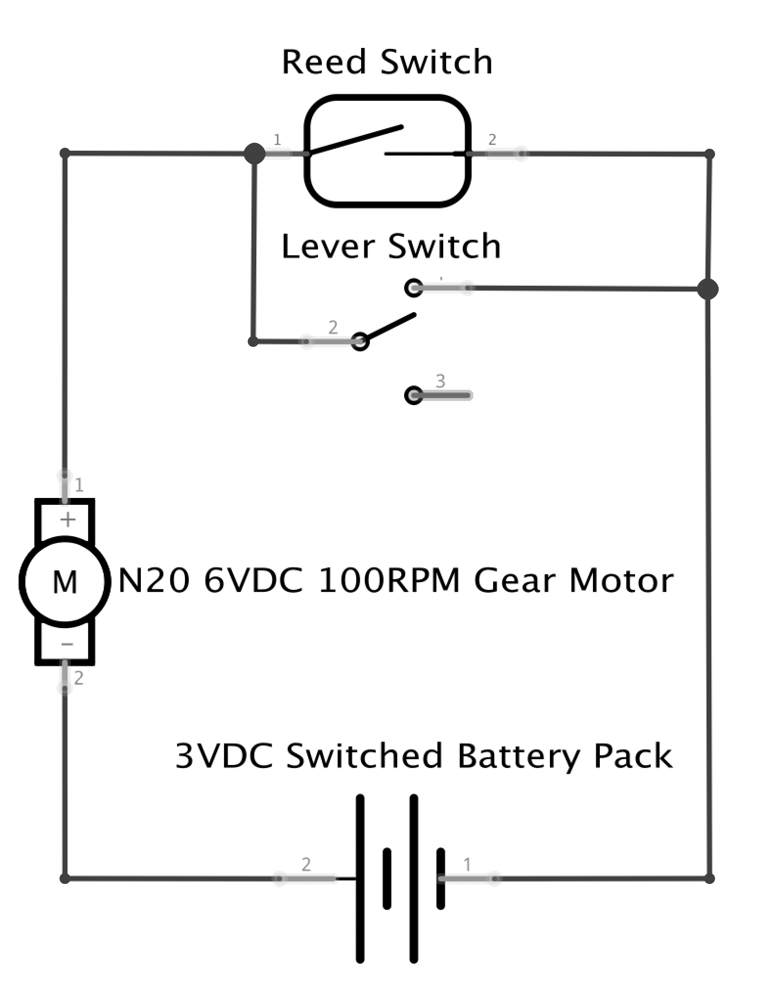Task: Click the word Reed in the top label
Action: click(x=324, y=62)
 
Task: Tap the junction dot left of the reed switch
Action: click(x=254, y=154)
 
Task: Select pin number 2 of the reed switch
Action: click(x=492, y=140)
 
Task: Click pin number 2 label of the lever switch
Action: click(x=333, y=327)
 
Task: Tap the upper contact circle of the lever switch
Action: click(x=414, y=288)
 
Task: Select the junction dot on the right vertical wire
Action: click(x=707, y=289)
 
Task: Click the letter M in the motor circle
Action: click(x=65, y=582)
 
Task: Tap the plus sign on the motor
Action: click(x=68, y=519)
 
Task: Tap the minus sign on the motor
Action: click(x=67, y=644)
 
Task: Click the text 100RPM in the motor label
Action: click(x=389, y=581)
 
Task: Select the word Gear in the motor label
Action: click(x=514, y=581)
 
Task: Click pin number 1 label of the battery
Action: click(x=467, y=864)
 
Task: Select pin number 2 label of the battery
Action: click(x=306, y=864)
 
